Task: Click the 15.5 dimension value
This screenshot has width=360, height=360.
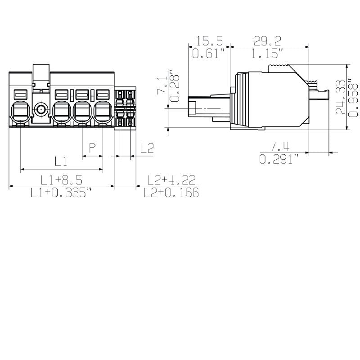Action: pos(209,41)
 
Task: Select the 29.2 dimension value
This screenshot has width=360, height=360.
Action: pos(267,41)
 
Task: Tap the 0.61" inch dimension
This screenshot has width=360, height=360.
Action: pos(209,54)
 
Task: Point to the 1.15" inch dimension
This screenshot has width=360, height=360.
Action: pos(267,54)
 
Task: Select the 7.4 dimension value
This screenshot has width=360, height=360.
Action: pos(279,146)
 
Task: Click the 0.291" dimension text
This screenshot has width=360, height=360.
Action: pos(279,159)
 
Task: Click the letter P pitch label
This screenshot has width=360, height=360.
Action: pos(92,148)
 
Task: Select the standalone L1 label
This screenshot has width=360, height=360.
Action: pos(61,161)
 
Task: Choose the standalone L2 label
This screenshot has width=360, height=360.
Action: pos(147,148)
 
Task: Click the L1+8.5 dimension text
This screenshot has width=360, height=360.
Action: pos(61,180)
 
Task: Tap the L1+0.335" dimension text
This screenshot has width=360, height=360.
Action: pos(61,193)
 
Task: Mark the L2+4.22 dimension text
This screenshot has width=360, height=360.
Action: pos(171,180)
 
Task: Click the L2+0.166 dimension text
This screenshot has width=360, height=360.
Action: pos(171,193)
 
